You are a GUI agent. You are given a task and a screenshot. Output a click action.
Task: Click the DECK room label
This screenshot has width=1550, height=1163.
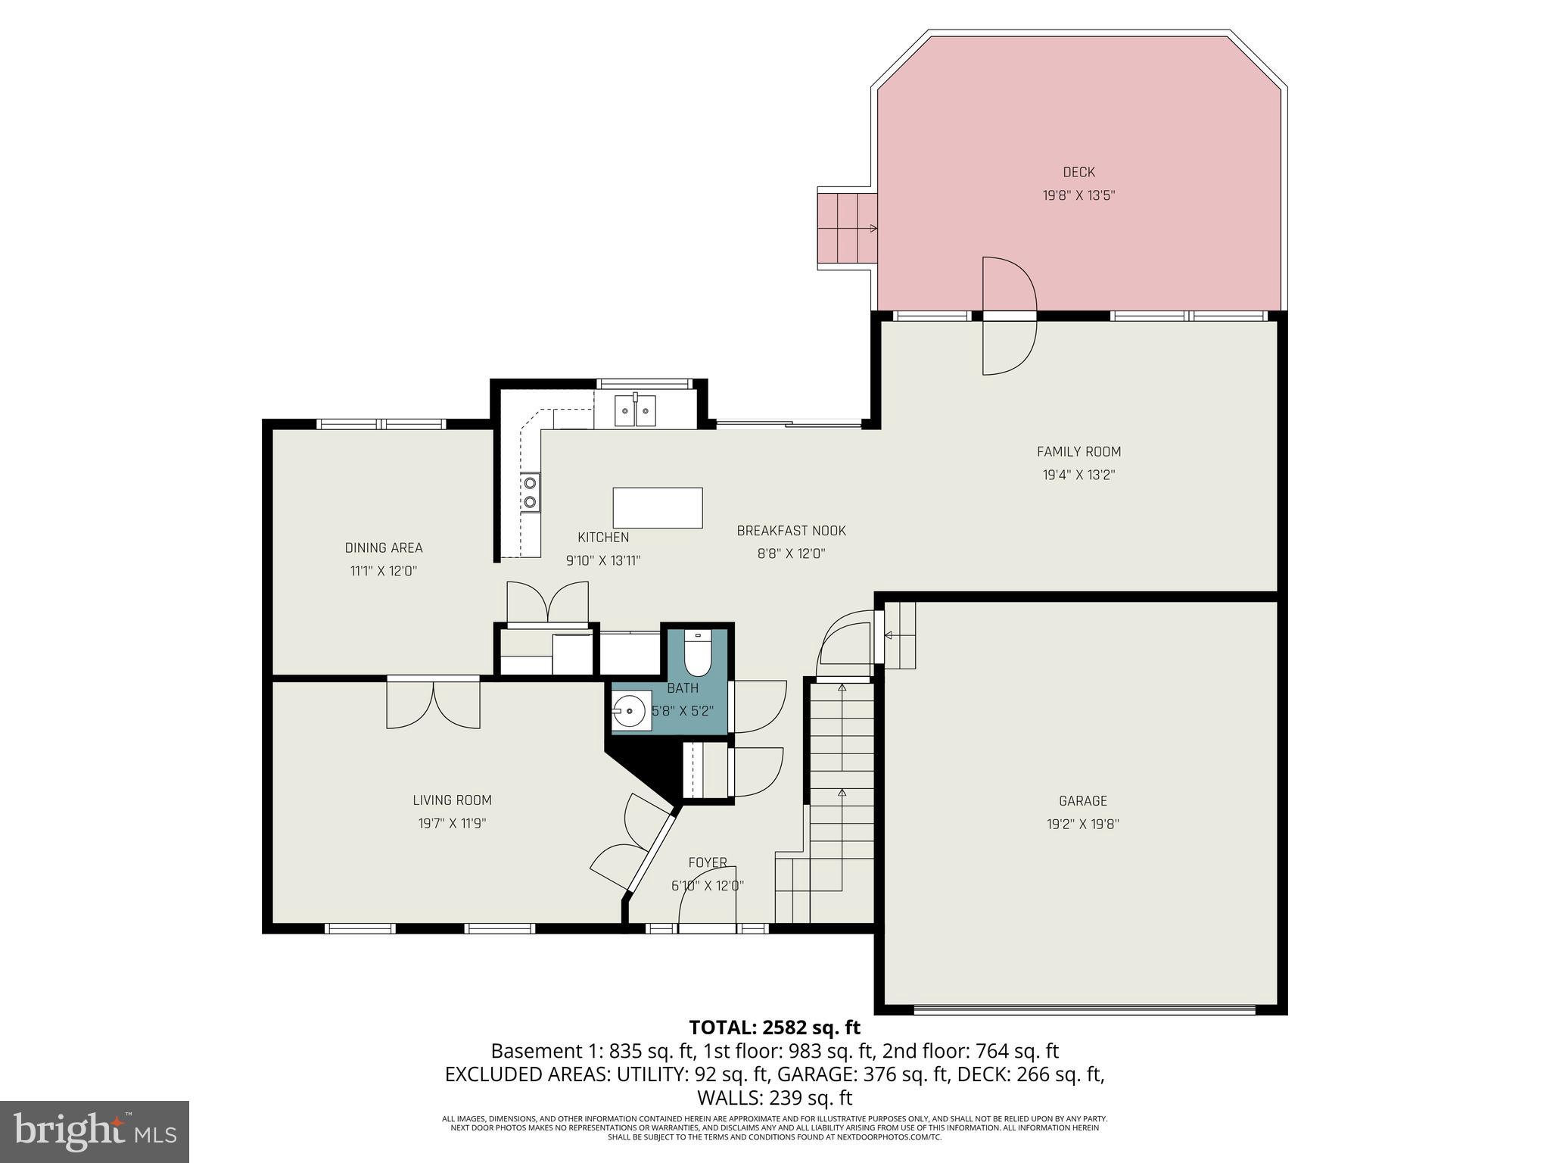coord(1078,173)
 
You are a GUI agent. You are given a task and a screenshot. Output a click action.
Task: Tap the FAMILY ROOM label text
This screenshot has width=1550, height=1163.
coord(1078,452)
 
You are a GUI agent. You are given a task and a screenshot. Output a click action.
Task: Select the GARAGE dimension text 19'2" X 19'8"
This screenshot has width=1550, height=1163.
coord(1082,825)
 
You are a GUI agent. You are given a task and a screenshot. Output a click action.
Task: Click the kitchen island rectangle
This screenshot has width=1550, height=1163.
coord(657,508)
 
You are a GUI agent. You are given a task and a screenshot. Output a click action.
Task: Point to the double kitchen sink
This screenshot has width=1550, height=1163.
coord(634,412)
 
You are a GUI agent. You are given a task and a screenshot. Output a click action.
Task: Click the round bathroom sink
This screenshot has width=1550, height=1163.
coord(629,712)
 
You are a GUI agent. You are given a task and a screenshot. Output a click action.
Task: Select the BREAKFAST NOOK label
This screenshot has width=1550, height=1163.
coord(791,531)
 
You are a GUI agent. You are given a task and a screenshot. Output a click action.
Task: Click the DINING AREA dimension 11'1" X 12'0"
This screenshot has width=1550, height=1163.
coord(384,571)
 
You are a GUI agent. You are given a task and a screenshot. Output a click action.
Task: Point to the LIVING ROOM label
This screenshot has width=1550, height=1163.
coord(452,800)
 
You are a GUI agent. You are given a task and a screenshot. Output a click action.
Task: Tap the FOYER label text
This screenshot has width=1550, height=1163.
coord(708,862)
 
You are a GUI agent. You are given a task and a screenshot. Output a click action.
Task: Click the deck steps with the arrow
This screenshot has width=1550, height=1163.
coord(846,227)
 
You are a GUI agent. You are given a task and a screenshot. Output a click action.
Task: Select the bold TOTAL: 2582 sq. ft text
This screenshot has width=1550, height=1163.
coord(774,1027)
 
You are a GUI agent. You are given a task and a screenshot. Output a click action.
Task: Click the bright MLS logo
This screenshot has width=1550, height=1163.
coord(95,1132)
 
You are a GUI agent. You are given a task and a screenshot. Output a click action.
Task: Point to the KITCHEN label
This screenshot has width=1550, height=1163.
coord(603,538)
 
